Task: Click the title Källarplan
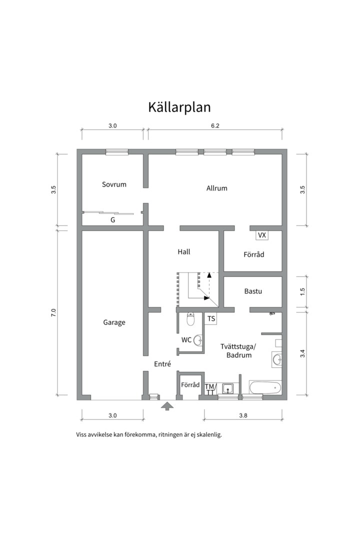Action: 179,107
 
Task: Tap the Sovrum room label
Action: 114,184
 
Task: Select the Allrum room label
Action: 216,188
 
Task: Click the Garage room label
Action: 114,322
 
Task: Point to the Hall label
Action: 184,252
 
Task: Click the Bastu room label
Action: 253,291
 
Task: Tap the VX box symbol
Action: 261,234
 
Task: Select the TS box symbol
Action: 211,318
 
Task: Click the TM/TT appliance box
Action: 210,389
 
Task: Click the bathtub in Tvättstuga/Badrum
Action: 265,387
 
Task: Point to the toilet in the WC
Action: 190,318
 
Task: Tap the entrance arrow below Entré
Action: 167,406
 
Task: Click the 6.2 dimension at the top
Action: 215,126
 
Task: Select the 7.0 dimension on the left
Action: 54,313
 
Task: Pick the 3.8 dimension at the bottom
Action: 243,415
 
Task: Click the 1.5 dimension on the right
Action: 302,291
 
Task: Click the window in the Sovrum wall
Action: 116,152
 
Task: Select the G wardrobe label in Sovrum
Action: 112,219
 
